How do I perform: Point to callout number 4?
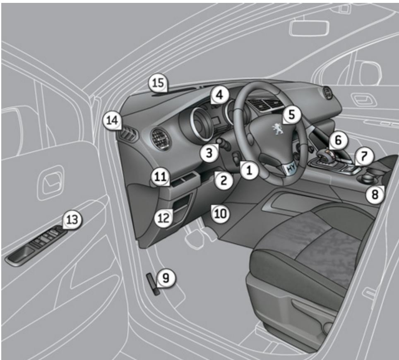coord(219,95)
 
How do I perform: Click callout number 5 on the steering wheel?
coord(292,115)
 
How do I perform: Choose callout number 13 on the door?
coord(72,220)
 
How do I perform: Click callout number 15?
coord(157,83)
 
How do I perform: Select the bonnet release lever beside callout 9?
coord(151,283)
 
